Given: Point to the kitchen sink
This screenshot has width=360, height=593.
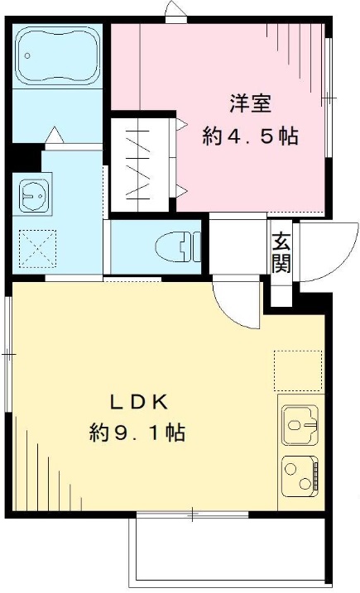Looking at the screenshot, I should [299, 427].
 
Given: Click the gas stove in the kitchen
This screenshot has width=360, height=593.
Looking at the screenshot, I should [299, 476].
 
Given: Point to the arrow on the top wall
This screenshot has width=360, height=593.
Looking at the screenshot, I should [175, 11].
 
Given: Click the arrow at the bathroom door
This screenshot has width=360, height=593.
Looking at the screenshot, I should [52, 134].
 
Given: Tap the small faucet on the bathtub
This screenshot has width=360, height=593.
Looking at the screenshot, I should [28, 56].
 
